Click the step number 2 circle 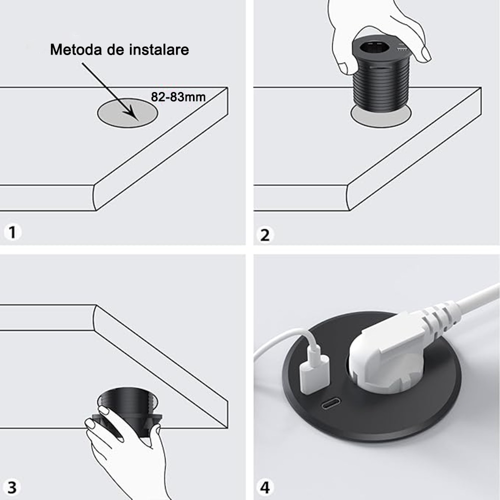click(265, 234)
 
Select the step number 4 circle click(265, 486)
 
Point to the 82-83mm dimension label click(178, 97)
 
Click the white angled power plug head click(385, 350)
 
